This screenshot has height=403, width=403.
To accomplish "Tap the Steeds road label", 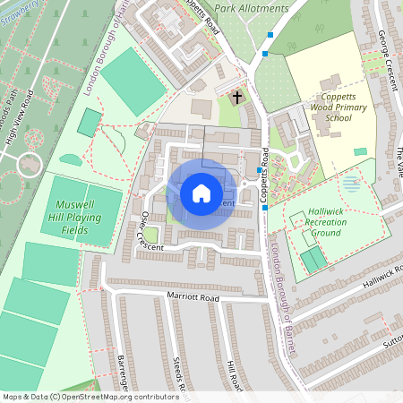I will (178, 377).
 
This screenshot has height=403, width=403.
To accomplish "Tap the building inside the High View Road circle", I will (30, 165).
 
